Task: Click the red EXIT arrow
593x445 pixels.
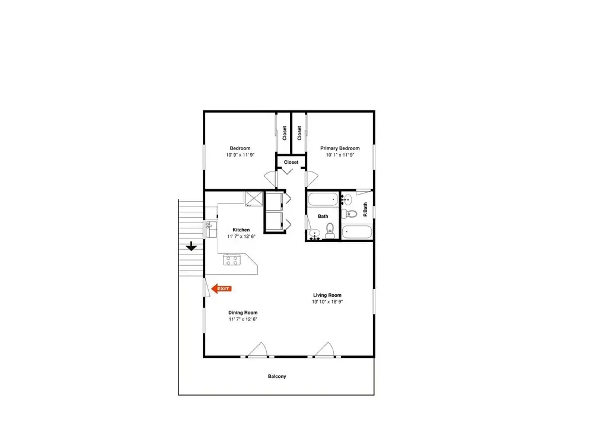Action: (x=221, y=289)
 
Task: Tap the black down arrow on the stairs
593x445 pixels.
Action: (x=192, y=246)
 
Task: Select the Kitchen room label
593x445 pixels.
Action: (x=241, y=230)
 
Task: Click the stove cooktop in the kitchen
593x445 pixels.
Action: (x=231, y=260)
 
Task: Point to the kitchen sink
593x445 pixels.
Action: (x=211, y=229)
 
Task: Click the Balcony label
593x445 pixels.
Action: (x=277, y=376)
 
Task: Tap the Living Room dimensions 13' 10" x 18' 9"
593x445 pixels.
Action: (x=327, y=301)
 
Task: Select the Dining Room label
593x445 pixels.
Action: (x=243, y=313)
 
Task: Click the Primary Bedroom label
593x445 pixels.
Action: (x=340, y=148)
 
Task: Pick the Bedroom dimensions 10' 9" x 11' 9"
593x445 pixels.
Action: (x=240, y=155)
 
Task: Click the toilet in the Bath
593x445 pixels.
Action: (x=330, y=230)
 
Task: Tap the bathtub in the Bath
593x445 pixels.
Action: (x=323, y=199)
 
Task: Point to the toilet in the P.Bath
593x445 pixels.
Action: (x=349, y=214)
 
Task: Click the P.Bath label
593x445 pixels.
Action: (x=365, y=209)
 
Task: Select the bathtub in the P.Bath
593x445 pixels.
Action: (x=357, y=232)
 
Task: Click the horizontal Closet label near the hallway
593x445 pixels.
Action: (x=291, y=162)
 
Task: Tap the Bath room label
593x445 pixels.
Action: (x=323, y=216)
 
